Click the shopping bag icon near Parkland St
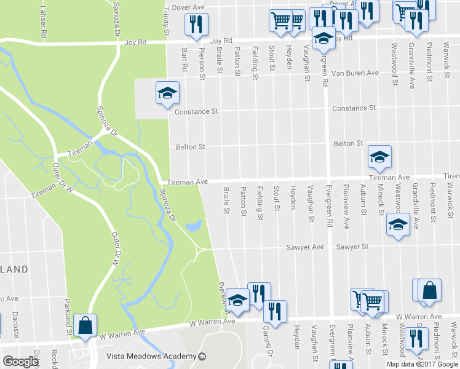(x=85, y=325)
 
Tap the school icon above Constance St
(x=167, y=93)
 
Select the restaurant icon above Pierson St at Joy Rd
(x=196, y=25)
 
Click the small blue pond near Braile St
(x=194, y=226)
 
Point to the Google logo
(x=20, y=362)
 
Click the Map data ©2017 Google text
(x=422, y=363)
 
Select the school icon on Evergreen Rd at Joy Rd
(x=323, y=38)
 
